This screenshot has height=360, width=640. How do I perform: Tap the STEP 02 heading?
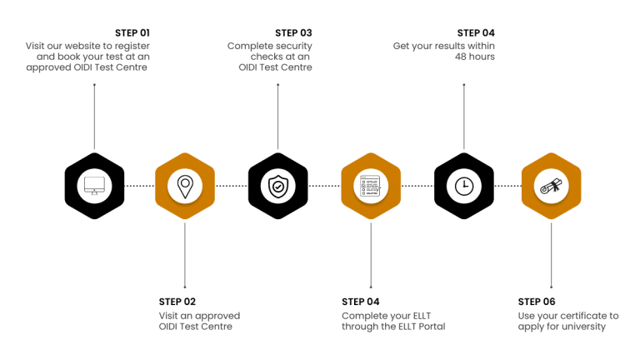click(x=177, y=301)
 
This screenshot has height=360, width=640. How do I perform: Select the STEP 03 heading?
click(x=293, y=32)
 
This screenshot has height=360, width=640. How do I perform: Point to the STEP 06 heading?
click(x=537, y=301)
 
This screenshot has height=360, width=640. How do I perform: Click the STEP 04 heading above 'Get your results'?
click(x=476, y=32)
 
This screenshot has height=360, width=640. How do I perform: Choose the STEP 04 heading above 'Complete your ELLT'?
click(x=361, y=301)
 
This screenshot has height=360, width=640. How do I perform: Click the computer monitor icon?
click(x=93, y=185)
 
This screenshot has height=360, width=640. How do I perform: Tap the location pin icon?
click(x=185, y=185)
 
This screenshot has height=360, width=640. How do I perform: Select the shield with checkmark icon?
click(x=277, y=185)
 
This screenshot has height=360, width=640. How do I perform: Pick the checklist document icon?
click(x=371, y=185)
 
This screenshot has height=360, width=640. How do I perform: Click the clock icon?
click(x=464, y=185)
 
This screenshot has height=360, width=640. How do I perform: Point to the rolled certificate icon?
click(x=551, y=185)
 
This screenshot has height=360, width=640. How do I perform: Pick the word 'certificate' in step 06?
click(x=580, y=315)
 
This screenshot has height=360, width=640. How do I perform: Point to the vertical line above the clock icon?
click(x=464, y=108)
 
